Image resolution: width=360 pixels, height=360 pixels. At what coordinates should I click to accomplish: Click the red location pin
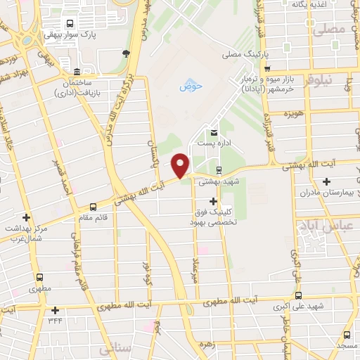181,164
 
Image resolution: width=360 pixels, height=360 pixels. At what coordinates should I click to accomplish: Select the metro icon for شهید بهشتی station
219,169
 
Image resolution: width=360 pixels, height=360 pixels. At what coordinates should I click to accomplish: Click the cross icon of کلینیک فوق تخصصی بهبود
213,202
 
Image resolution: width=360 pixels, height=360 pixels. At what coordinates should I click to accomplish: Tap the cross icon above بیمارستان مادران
326,183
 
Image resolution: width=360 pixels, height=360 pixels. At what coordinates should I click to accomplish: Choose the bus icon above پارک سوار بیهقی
69,22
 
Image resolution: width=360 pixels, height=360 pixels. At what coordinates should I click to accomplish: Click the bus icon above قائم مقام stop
93,207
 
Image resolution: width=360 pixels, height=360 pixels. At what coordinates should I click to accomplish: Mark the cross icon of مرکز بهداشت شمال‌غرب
26,218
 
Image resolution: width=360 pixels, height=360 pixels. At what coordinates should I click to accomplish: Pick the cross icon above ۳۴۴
55,309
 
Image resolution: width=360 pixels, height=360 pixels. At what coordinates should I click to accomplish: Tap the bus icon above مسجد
347,335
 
